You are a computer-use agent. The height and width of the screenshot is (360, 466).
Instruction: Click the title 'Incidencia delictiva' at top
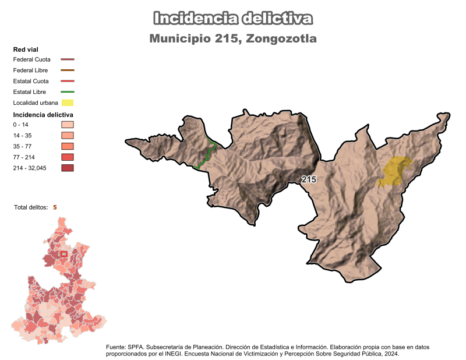(233, 18)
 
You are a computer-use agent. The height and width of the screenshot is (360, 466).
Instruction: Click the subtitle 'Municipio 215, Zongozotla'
(233, 39)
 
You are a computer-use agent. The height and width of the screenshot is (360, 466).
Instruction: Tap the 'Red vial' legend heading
(26, 50)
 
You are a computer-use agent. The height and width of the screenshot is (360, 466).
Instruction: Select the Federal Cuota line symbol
(68, 59)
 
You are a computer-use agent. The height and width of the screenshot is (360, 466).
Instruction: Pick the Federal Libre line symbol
(68, 70)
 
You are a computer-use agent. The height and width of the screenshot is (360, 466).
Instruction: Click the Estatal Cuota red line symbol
(68, 81)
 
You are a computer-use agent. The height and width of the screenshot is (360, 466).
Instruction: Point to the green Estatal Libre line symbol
(68, 92)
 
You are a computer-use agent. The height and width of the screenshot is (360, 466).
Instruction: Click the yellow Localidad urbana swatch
(68, 103)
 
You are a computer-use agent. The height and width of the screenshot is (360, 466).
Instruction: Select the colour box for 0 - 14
(68, 125)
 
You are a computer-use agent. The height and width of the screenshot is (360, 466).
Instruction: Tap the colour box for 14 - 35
(68, 136)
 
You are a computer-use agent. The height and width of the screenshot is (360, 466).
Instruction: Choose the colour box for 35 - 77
(68, 146)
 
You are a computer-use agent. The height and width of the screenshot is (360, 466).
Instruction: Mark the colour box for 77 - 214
(68, 157)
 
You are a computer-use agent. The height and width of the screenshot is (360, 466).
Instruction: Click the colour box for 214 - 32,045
(68, 168)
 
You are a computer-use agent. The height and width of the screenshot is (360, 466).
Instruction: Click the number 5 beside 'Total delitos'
(55, 207)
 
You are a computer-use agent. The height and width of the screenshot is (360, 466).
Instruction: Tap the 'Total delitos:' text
(31, 207)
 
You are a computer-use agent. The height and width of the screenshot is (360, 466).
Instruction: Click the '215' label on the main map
(309, 180)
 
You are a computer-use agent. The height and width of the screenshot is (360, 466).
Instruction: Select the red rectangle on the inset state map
(64, 254)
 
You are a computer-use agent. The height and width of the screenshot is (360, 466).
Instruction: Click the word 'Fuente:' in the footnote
(117, 347)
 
